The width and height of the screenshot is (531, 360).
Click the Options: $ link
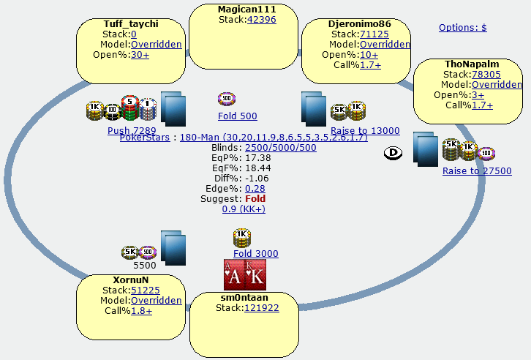point(462,28)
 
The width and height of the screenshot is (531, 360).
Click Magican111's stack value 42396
point(261,19)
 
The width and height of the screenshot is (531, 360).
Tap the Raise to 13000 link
point(365,130)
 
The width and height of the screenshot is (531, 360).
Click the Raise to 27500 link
point(477,170)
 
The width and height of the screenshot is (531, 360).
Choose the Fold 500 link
point(237,116)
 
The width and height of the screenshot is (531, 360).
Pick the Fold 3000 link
point(255,253)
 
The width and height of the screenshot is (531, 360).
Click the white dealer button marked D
point(392,153)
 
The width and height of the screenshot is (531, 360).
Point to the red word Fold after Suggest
point(255,198)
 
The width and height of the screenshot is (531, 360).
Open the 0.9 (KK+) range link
point(244,209)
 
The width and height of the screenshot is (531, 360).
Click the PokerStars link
point(144,137)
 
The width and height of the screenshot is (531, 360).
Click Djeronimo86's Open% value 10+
point(369,54)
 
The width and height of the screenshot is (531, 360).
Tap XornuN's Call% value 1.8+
point(142,310)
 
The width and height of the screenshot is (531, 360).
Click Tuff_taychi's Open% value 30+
point(140,54)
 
